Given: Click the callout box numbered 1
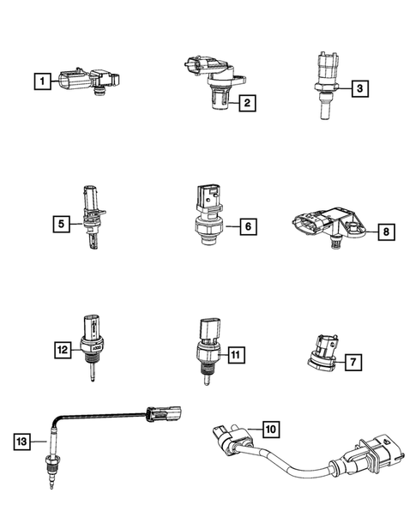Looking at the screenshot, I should point(39,83).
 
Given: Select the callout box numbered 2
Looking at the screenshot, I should point(246,105).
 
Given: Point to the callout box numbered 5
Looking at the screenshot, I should point(60,225).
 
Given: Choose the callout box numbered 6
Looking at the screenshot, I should point(245,227).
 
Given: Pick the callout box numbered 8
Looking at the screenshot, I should point(386,231).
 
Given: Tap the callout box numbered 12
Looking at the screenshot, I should point(62,350).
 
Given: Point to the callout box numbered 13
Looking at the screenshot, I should point(22,442).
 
